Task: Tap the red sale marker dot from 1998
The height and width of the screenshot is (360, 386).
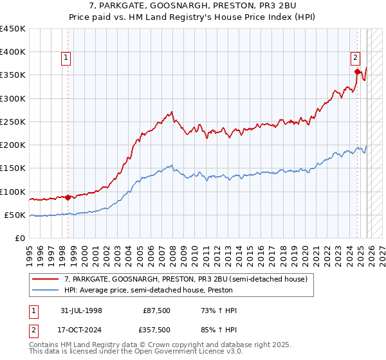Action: [68, 197]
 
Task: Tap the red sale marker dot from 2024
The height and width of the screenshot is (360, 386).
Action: [357, 71]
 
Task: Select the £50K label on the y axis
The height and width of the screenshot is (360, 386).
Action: [15, 215]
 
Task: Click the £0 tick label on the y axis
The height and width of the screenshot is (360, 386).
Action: [21, 238]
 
